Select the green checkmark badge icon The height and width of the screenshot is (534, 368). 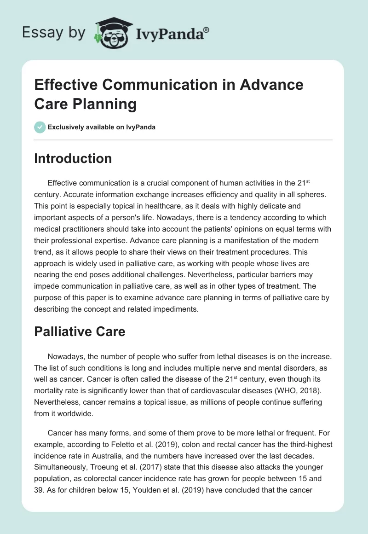(x=40, y=127)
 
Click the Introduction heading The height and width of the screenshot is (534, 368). (x=73, y=158)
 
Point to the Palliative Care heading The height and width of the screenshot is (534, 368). (x=80, y=331)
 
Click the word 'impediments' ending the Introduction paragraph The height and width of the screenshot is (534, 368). (x=176, y=309)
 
